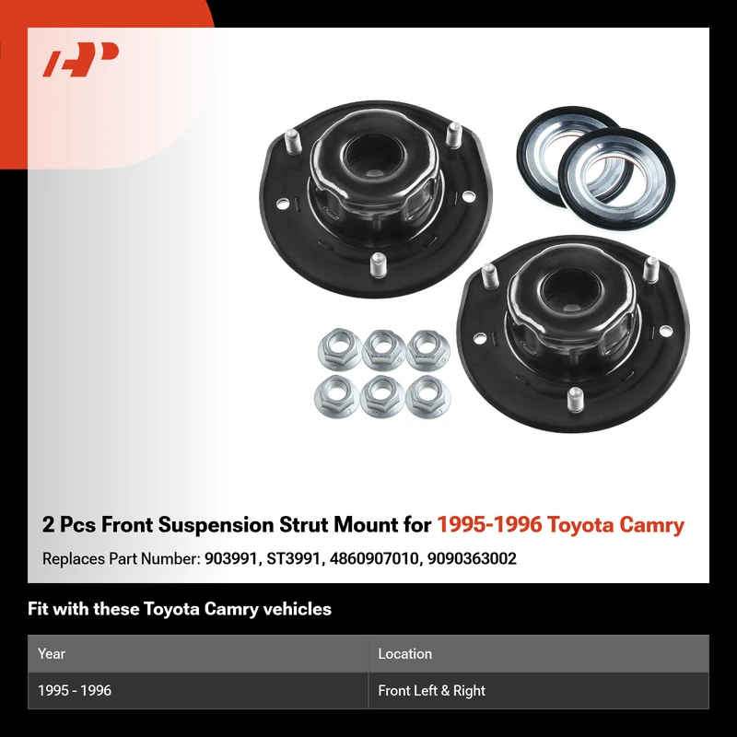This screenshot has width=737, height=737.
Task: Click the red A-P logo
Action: pos(80,59)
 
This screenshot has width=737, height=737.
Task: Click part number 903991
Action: pos(231,558)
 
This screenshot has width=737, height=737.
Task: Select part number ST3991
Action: pos(293,558)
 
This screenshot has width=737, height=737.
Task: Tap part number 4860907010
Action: pos(374,558)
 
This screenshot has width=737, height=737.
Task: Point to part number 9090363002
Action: pos(472,558)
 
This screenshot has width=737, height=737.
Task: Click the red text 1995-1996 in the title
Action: pos(489,524)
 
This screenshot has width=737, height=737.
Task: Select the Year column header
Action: pos(52,653)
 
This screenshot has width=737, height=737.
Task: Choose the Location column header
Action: pos(404,653)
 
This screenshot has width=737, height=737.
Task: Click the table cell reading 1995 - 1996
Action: pos(75,690)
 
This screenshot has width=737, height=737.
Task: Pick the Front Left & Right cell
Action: pos(431,690)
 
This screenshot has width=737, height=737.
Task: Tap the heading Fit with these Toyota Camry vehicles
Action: pos(180,609)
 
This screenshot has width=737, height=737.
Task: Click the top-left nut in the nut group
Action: pos(339,349)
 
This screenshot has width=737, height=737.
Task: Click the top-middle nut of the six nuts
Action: pos(383,349)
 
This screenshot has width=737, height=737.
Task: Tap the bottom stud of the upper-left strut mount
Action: pos(378,265)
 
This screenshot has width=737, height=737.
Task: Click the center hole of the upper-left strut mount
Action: pos(374,156)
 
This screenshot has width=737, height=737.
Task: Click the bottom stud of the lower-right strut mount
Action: pos(575,400)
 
